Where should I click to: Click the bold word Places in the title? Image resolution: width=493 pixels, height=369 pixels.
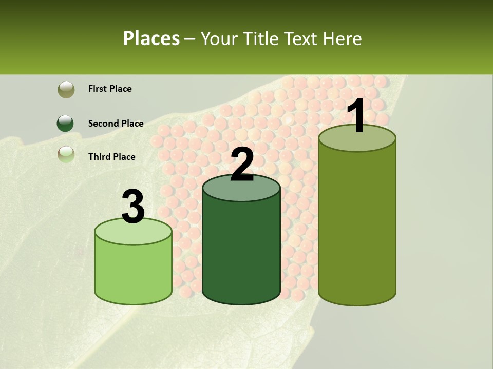coord(151,38)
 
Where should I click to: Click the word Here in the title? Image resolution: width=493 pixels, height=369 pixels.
coord(344,38)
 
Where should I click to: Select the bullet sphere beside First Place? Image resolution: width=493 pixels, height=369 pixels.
coord(66,89)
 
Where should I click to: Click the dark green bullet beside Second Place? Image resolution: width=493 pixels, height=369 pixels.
coord(66,124)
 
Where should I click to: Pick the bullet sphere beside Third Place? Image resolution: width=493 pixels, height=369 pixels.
coord(66,154)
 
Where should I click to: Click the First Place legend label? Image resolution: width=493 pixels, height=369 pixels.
coord(110,89)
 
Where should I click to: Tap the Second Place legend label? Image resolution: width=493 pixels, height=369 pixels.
coord(116,124)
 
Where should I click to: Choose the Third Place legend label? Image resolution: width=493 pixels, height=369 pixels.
coord(111,157)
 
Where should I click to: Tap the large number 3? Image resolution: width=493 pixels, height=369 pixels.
coord(134,207)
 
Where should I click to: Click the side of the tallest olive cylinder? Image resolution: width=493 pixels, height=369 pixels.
coord(357,225)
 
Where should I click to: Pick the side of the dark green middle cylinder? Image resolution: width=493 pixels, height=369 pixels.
coord(241,251)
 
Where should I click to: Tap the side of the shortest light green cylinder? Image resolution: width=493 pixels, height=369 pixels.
coord(134,272)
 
